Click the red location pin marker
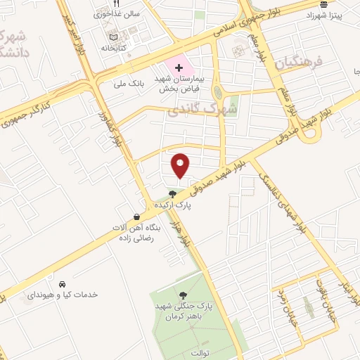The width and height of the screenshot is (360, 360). pyautogui.click(x=181, y=165)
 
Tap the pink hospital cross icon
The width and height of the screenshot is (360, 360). pyautogui.click(x=179, y=69)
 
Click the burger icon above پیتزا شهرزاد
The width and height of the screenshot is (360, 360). pyautogui.click(x=322, y=3)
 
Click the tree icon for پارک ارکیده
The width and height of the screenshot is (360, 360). pyautogui.click(x=173, y=194)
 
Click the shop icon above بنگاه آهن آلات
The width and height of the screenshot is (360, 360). pyautogui.click(x=136, y=217)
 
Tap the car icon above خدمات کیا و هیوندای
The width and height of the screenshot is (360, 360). pyautogui.click(x=63, y=284)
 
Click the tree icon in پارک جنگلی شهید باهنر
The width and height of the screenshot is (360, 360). pyautogui.click(x=184, y=295)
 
